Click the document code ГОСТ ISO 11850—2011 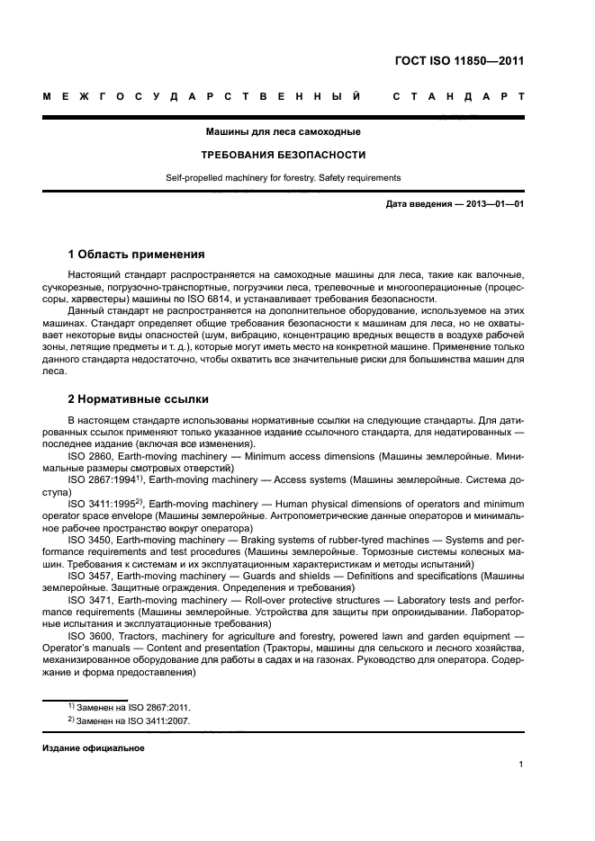point(459,61)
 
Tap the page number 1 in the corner point(521,765)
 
